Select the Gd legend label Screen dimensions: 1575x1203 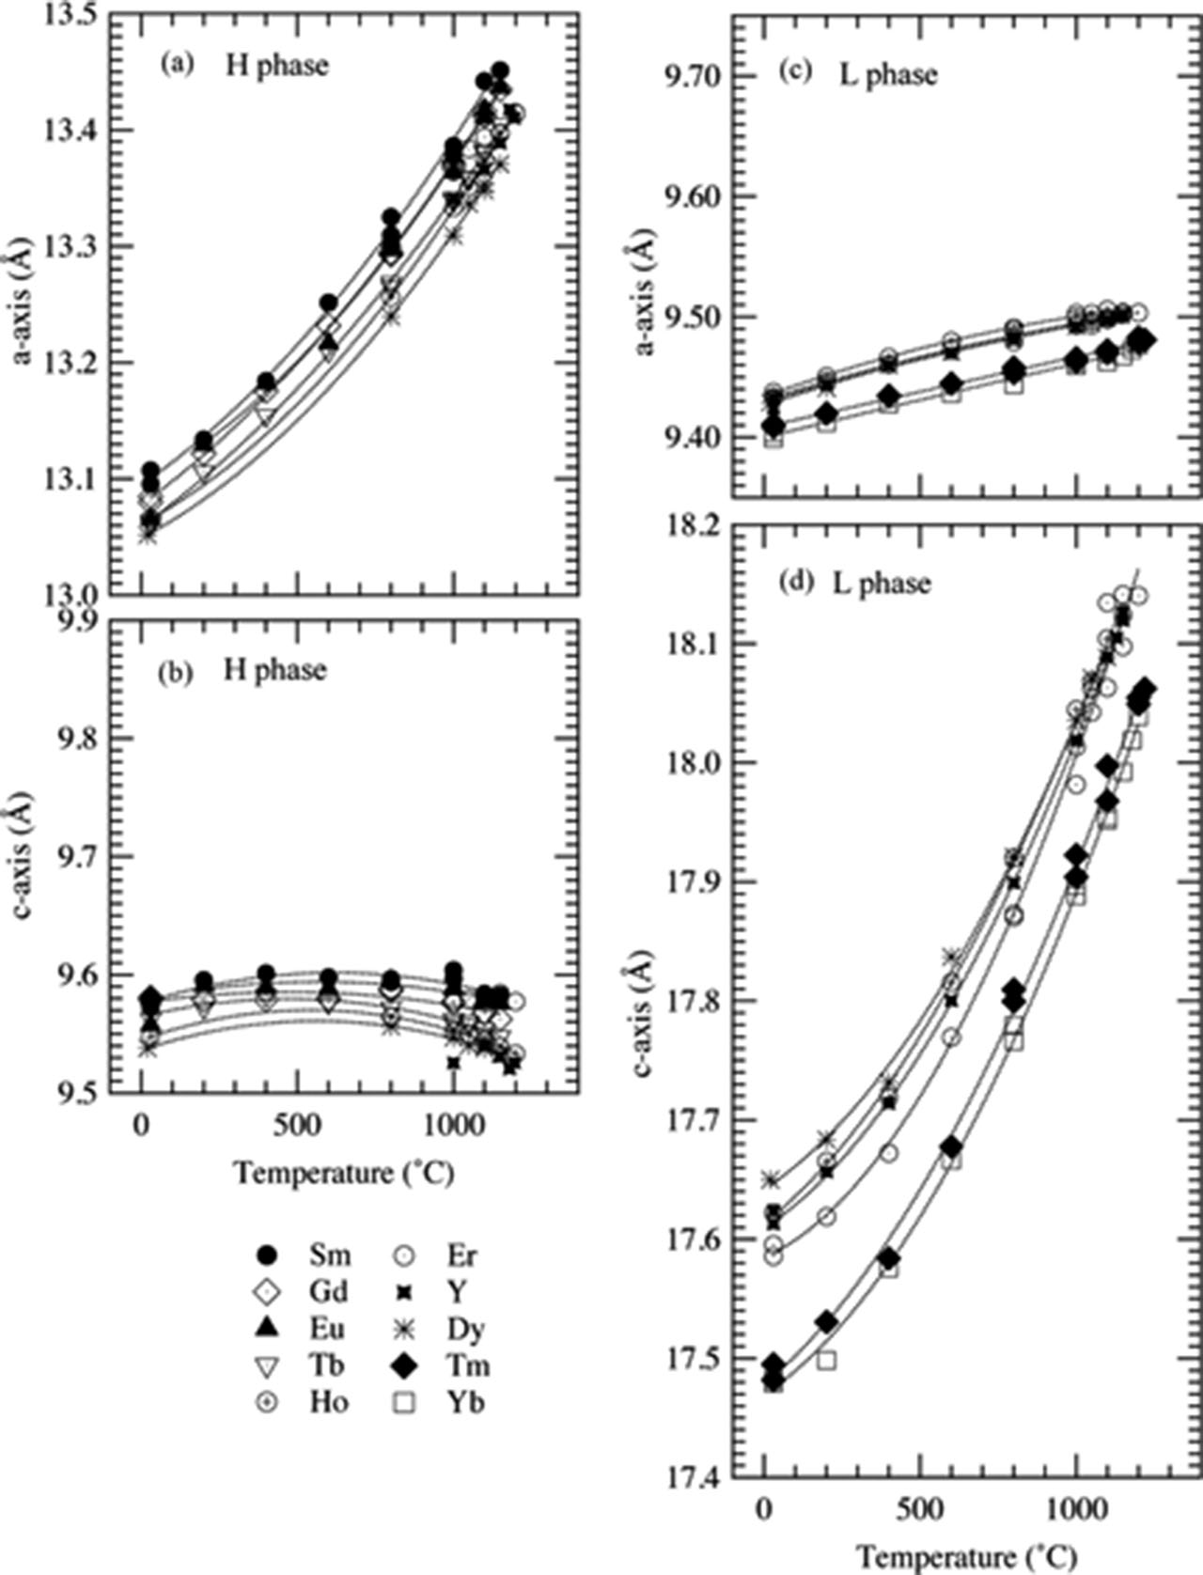point(327,1291)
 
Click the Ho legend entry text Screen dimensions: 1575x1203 point(328,1402)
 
